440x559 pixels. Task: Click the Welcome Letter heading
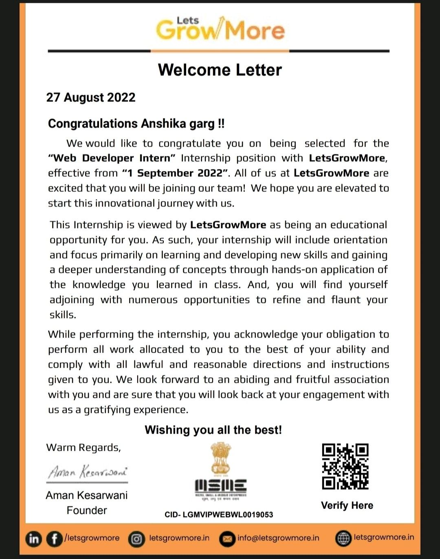pos(220,70)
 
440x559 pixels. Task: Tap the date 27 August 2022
pos(91,98)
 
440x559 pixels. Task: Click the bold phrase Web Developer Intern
pos(112,158)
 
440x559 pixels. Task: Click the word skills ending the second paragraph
pos(62,315)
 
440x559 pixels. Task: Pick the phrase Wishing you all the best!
pos(213,430)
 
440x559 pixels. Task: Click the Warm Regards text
pos(84,447)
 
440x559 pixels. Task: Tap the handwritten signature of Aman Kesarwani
pos(87,472)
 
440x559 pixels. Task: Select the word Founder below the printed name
pos(87,510)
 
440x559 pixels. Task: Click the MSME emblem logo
pos(220,472)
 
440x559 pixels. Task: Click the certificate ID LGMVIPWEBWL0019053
pos(227,515)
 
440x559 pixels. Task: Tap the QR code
pos(345,466)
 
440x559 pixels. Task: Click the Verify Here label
pos(347,505)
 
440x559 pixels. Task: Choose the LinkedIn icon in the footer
pos(34,539)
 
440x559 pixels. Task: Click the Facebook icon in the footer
pos(54,539)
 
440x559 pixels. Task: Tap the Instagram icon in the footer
pos(136,539)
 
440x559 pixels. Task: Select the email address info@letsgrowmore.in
pos(278,538)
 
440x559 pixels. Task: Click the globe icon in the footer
pos(343,538)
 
